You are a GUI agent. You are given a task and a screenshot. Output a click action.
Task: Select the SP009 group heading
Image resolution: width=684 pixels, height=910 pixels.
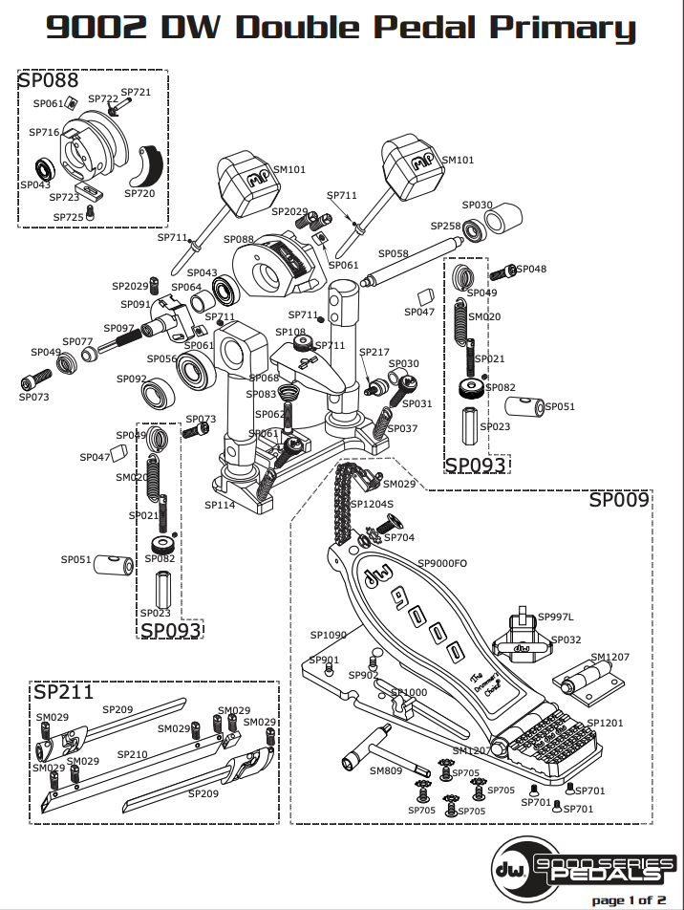coord(618,499)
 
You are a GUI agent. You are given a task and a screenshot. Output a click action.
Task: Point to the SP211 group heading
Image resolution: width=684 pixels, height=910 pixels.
coord(63,691)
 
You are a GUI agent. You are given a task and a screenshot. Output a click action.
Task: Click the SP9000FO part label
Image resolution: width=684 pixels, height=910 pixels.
coord(441,564)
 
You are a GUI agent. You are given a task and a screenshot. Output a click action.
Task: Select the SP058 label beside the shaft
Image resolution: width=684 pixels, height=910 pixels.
coord(393,253)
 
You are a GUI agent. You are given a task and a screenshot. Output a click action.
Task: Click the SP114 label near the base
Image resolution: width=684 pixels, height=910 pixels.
coord(219,504)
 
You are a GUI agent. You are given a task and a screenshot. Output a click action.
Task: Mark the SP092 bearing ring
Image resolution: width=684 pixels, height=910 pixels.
coord(157,393)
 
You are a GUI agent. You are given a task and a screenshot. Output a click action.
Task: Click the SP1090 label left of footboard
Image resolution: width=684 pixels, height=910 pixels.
coord(328,634)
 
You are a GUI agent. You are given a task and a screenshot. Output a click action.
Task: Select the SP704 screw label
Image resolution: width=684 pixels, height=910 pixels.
coord(398,537)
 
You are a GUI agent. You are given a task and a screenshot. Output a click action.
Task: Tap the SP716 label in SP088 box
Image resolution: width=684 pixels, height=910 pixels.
coord(44,132)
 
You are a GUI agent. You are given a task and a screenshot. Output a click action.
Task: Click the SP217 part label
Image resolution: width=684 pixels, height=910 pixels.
coord(374,353)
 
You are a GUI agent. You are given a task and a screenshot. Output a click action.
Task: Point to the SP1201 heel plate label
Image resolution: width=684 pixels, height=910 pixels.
coord(604,723)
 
